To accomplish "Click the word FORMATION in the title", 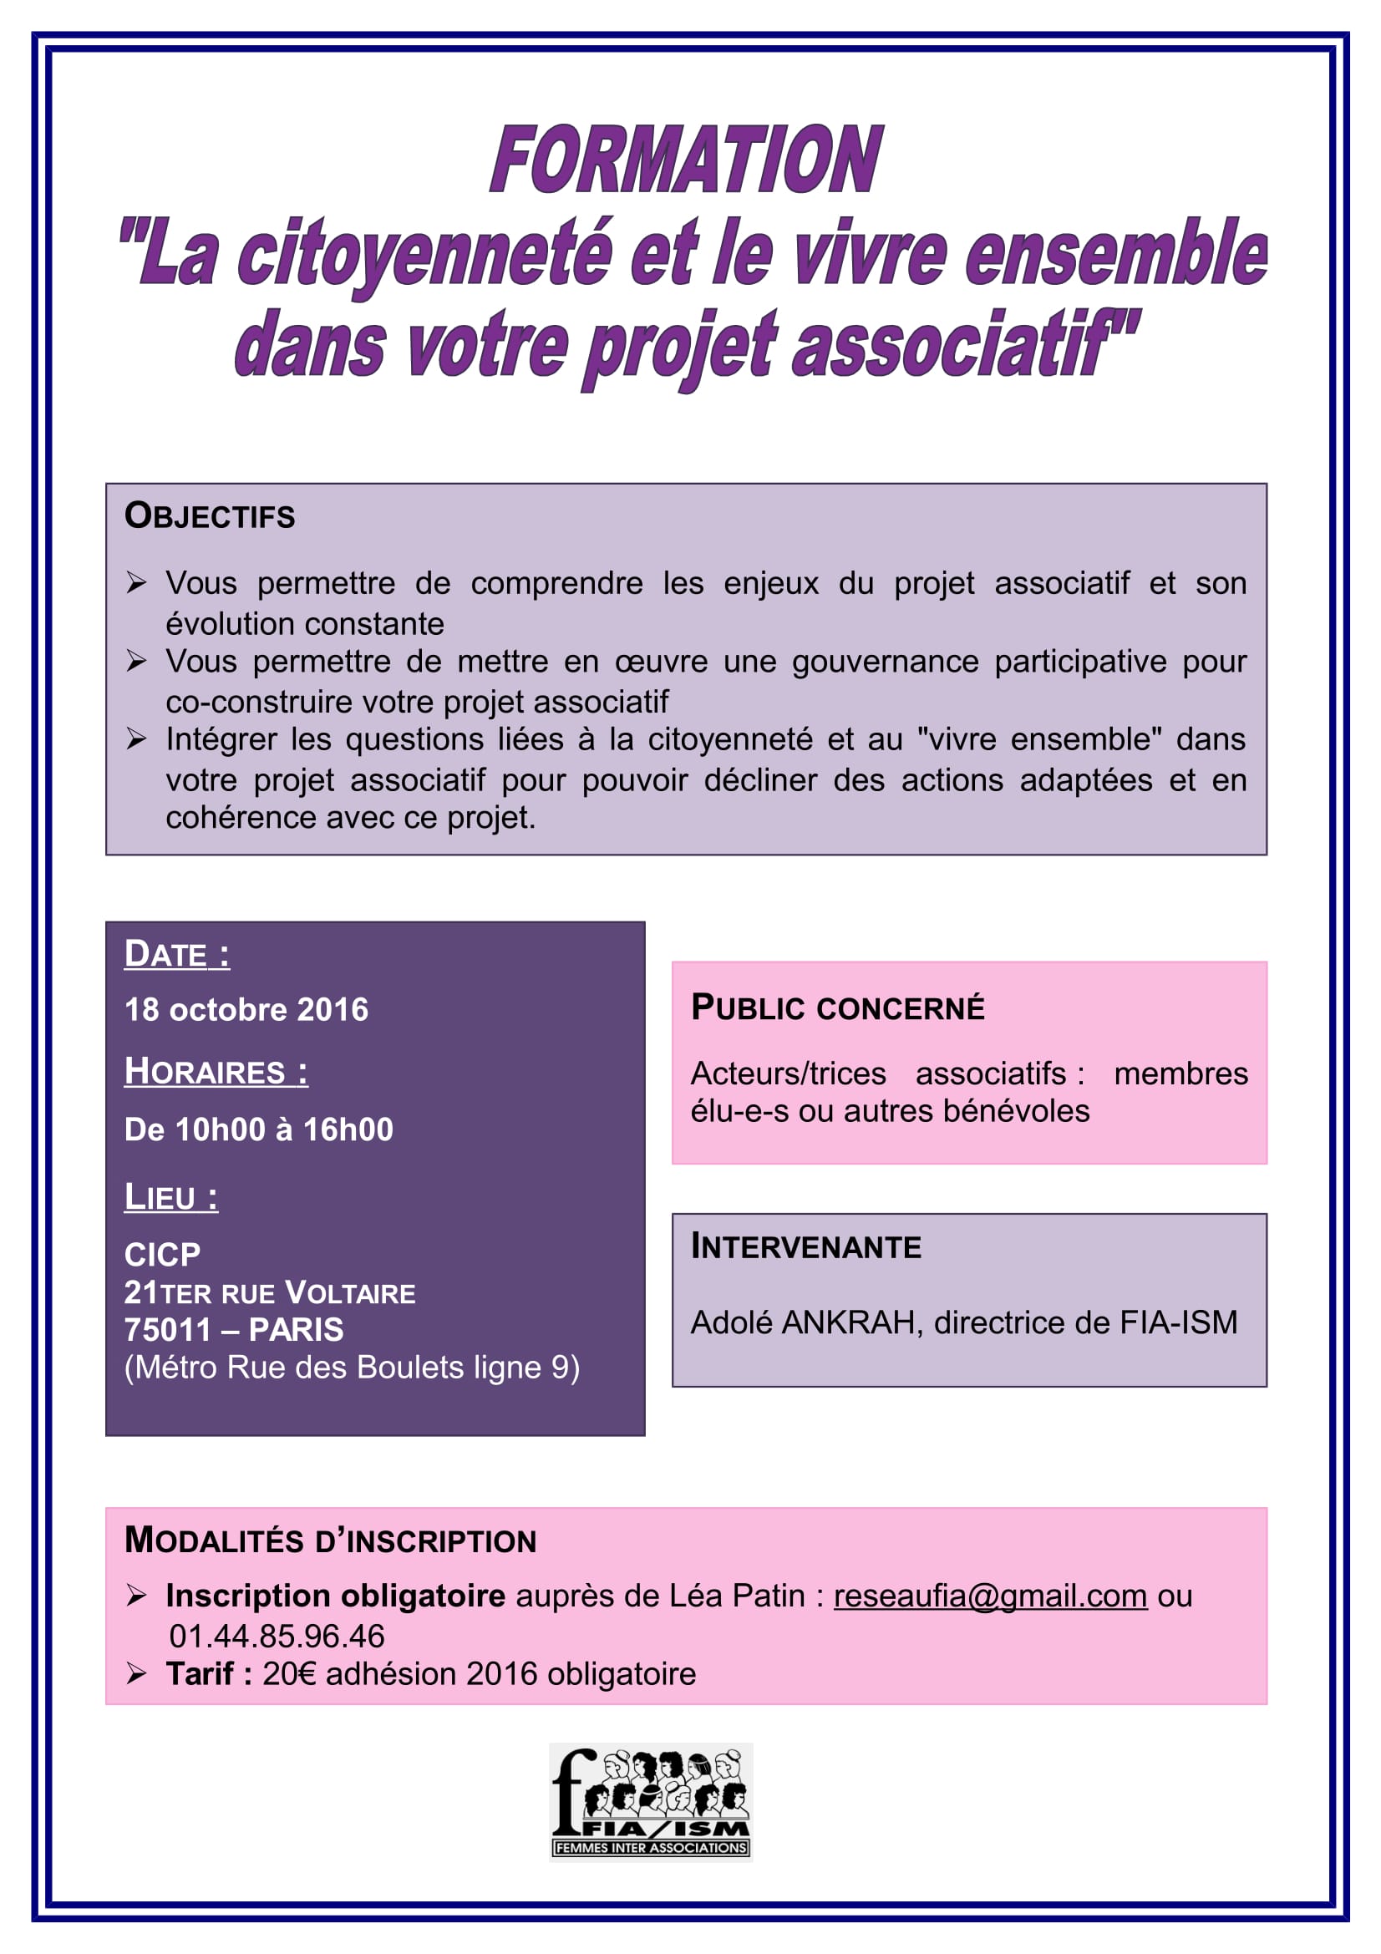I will click(x=686, y=160).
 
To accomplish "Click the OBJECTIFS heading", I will click(x=210, y=515).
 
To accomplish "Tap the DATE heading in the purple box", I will click(x=176, y=954).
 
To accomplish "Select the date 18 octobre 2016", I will click(x=246, y=1009).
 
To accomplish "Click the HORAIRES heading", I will click(x=216, y=1072).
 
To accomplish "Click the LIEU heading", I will click(x=170, y=1196).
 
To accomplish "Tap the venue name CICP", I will click(x=162, y=1255).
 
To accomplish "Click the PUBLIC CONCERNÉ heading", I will click(x=837, y=1007).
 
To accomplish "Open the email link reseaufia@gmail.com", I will click(x=989, y=1596).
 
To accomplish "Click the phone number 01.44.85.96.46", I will click(x=277, y=1636).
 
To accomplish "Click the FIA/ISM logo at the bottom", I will click(x=651, y=1802).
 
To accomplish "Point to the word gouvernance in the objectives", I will click(x=885, y=662).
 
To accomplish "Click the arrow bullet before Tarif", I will click(x=136, y=1673).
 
